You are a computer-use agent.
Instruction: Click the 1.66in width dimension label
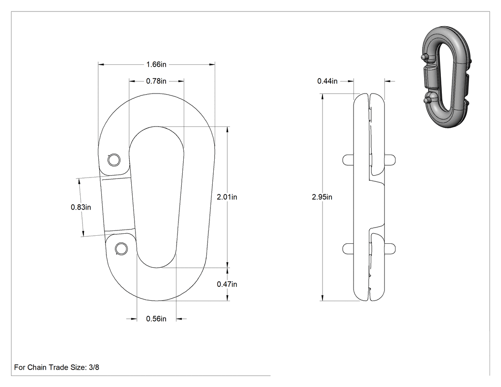click(156, 64)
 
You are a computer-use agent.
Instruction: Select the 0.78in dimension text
click(156, 81)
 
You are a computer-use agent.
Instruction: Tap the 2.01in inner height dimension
click(227, 197)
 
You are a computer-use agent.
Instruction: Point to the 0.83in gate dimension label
click(81, 208)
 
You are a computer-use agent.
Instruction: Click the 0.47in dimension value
click(227, 284)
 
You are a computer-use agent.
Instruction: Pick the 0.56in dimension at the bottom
click(156, 319)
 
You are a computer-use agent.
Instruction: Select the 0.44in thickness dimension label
click(327, 81)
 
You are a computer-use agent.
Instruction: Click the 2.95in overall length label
click(322, 197)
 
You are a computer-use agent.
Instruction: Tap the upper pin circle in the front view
click(114, 160)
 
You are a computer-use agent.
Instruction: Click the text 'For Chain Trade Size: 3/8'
click(57, 367)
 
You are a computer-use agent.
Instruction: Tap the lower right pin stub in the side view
click(390, 249)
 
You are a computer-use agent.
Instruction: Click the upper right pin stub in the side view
click(390, 160)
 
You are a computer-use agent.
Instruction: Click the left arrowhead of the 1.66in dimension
click(101, 64)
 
